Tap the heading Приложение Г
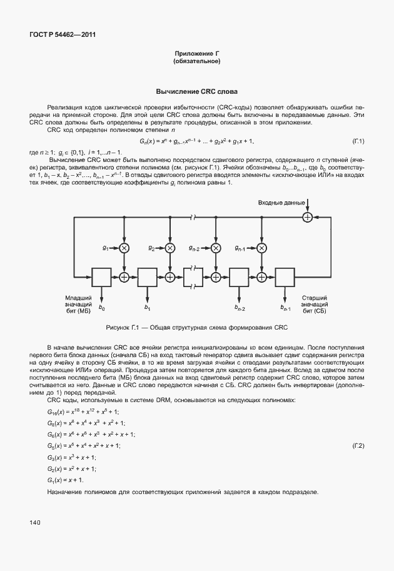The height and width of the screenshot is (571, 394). pyautogui.click(x=197, y=54)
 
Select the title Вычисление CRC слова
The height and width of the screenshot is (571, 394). pyautogui.click(x=197, y=91)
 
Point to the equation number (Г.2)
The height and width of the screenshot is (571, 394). pyautogui.click(x=358, y=445)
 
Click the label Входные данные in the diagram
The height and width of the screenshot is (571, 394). pyautogui.click(x=281, y=203)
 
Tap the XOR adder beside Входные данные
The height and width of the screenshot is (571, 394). pyautogui.click(x=307, y=217)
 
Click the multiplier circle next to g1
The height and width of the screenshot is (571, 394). pyautogui.click(x=124, y=248)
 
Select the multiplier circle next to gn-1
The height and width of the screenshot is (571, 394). pyautogui.click(x=261, y=248)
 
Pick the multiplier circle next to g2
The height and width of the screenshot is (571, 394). pyautogui.click(x=169, y=248)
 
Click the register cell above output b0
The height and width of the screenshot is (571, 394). pyautogui.click(x=101, y=275)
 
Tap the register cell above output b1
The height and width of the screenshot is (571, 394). pyautogui.click(x=147, y=275)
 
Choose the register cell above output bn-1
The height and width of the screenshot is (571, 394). pyautogui.click(x=285, y=275)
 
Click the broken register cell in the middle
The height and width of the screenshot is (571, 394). pyautogui.click(x=193, y=275)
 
